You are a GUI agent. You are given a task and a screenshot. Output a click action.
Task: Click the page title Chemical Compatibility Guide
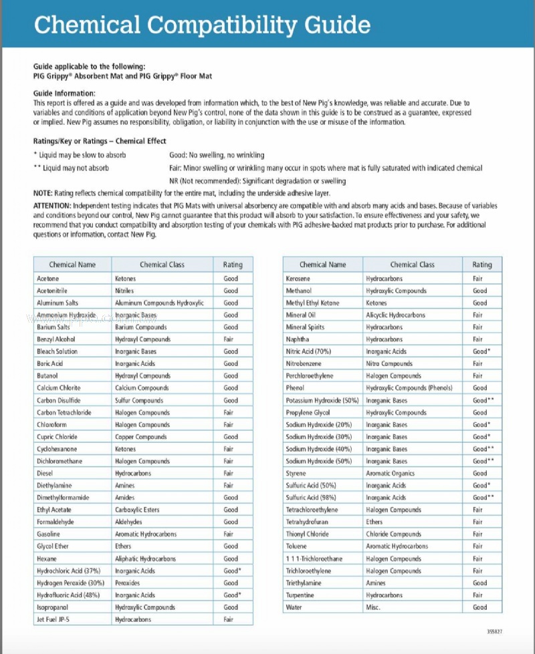point(202,25)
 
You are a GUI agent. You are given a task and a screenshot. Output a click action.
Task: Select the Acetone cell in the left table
point(48,279)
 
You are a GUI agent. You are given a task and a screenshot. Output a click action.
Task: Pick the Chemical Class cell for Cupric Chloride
point(141,437)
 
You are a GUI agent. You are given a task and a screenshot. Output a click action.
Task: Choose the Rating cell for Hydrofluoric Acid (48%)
point(232,595)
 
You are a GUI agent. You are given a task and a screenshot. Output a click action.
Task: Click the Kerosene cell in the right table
point(299,279)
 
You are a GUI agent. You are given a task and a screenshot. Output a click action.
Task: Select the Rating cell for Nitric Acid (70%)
point(481,351)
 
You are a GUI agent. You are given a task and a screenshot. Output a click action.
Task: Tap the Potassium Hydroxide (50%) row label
point(322,400)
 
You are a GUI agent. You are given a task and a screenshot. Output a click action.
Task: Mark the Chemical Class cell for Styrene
point(391,474)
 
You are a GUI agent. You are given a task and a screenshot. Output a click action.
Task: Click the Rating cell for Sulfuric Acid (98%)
point(483,498)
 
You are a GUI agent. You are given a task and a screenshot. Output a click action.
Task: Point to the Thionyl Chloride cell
point(308,534)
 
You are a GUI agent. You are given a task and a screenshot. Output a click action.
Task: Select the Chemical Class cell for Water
point(373,607)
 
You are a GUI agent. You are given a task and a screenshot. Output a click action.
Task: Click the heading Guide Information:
point(64,93)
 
